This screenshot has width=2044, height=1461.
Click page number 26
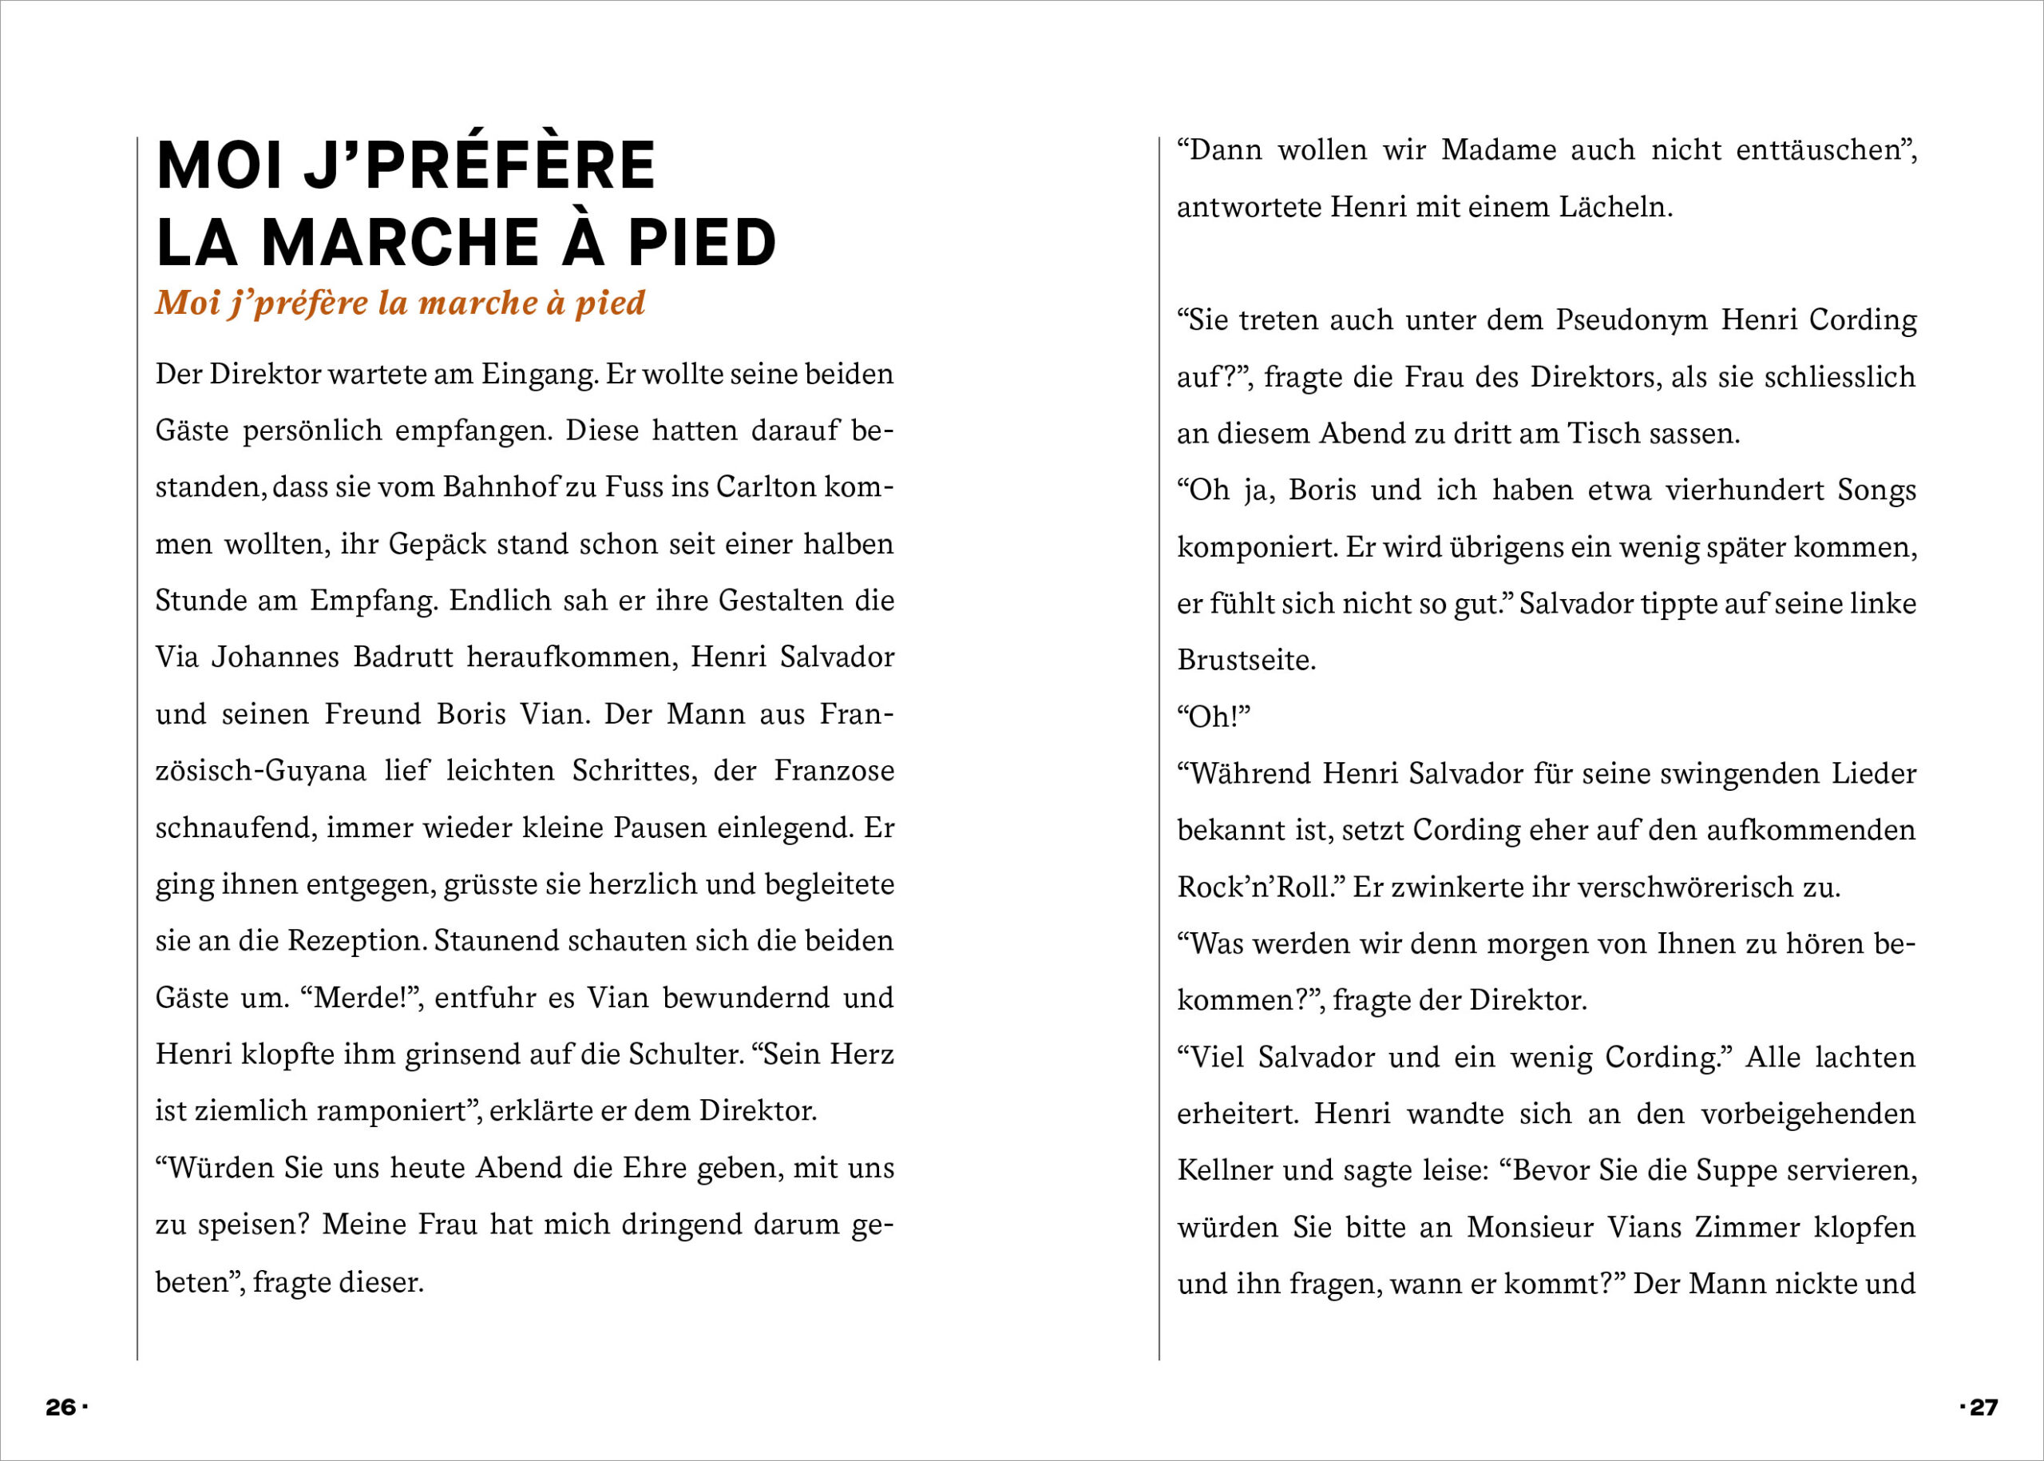tap(61, 1407)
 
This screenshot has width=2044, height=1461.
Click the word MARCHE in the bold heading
tap(400, 243)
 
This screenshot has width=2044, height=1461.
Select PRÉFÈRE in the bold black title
tap(510, 165)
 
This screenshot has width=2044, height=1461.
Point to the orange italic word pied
tap(610, 304)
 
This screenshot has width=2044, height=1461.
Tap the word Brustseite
tap(1246, 661)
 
